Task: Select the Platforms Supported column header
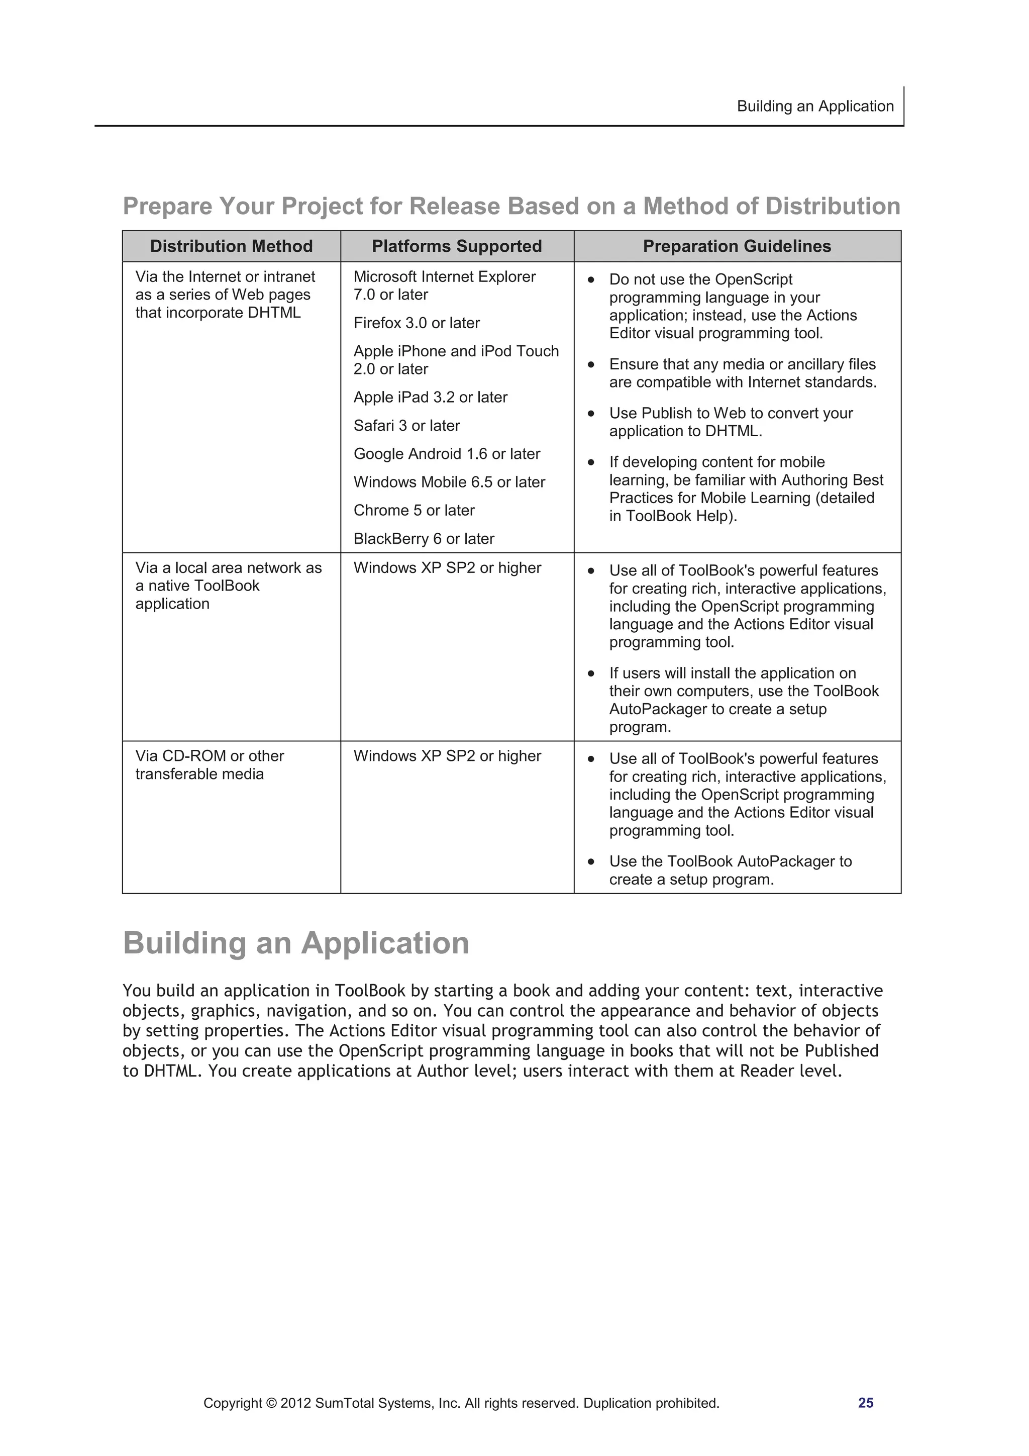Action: click(x=457, y=246)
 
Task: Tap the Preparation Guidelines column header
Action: click(x=737, y=246)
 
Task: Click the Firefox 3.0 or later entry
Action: click(x=417, y=323)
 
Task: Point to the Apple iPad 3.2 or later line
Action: click(x=431, y=397)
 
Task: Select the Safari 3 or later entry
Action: click(x=406, y=426)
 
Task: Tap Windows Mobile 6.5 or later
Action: click(x=449, y=482)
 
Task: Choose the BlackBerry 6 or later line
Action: click(x=424, y=538)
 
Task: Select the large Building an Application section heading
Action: click(x=295, y=943)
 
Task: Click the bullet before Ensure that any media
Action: click(x=591, y=365)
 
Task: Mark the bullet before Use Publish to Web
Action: click(x=591, y=414)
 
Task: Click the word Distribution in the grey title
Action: click(x=833, y=206)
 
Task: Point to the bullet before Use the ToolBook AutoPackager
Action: click(x=591, y=862)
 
